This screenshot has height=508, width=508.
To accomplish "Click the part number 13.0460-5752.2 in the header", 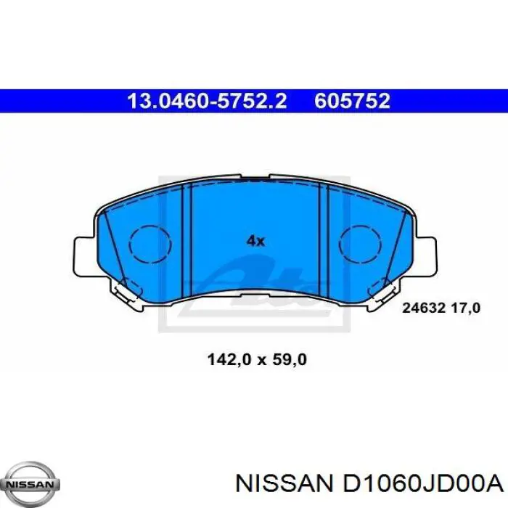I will tap(207, 100).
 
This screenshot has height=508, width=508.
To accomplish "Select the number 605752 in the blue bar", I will tap(352, 100).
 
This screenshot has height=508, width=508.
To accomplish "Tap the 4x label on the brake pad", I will tap(255, 241).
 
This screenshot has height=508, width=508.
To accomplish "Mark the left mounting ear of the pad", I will tap(85, 253).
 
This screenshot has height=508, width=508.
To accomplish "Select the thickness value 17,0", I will tap(464, 308).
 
